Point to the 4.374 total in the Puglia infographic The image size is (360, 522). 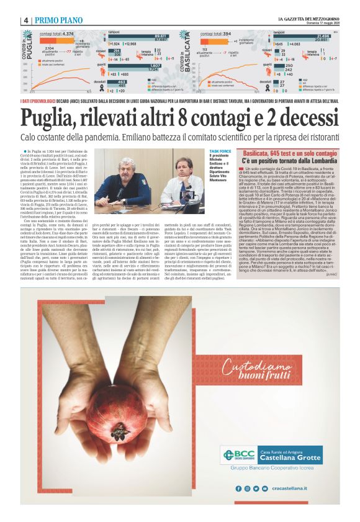point(63,34)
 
